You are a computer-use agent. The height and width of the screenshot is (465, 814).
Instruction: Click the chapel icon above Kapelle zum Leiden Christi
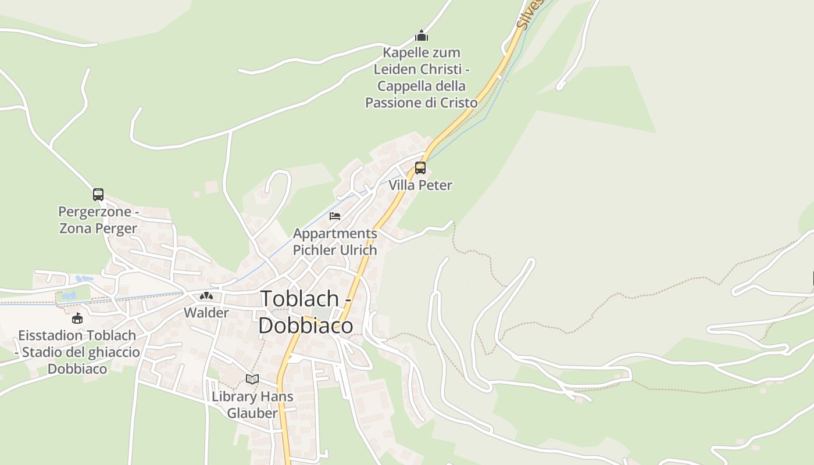(422, 36)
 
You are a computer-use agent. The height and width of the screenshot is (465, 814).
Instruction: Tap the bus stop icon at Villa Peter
(420, 168)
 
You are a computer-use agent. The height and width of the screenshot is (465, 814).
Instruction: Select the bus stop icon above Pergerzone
(98, 195)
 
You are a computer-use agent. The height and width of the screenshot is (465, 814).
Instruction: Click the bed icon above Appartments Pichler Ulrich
(335, 216)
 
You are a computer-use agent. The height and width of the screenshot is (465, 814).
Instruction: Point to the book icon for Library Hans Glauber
(252, 380)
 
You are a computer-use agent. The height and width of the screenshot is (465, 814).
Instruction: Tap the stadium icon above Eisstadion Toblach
(77, 318)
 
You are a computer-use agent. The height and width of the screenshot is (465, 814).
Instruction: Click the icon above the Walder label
(206, 296)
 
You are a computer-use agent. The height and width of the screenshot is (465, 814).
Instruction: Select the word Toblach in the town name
(299, 298)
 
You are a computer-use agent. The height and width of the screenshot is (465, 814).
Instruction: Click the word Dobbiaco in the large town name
(305, 325)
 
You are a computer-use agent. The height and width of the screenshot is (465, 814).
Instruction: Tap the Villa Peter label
(420, 185)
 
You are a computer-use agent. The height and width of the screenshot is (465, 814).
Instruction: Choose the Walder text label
(206, 313)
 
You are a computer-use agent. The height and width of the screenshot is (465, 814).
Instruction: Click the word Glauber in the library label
(252, 413)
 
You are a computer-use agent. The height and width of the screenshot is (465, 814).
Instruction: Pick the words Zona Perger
(98, 228)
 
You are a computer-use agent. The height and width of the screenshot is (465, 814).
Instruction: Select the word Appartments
(335, 234)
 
